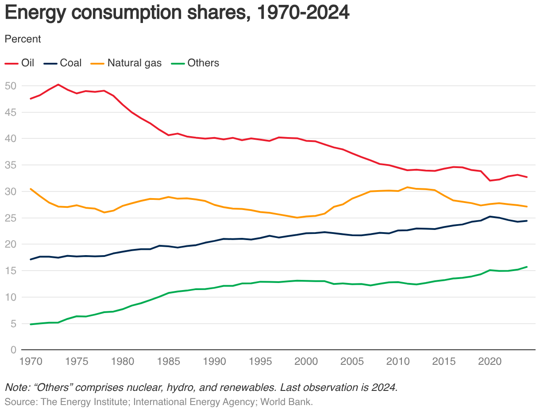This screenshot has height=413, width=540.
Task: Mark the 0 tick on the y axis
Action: click(13, 350)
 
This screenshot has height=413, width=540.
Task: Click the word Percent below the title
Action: click(23, 39)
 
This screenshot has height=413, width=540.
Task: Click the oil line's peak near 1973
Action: click(58, 84)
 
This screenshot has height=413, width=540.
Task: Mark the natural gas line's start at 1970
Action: click(31, 189)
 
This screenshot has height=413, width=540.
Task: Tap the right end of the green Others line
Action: click(526, 267)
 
